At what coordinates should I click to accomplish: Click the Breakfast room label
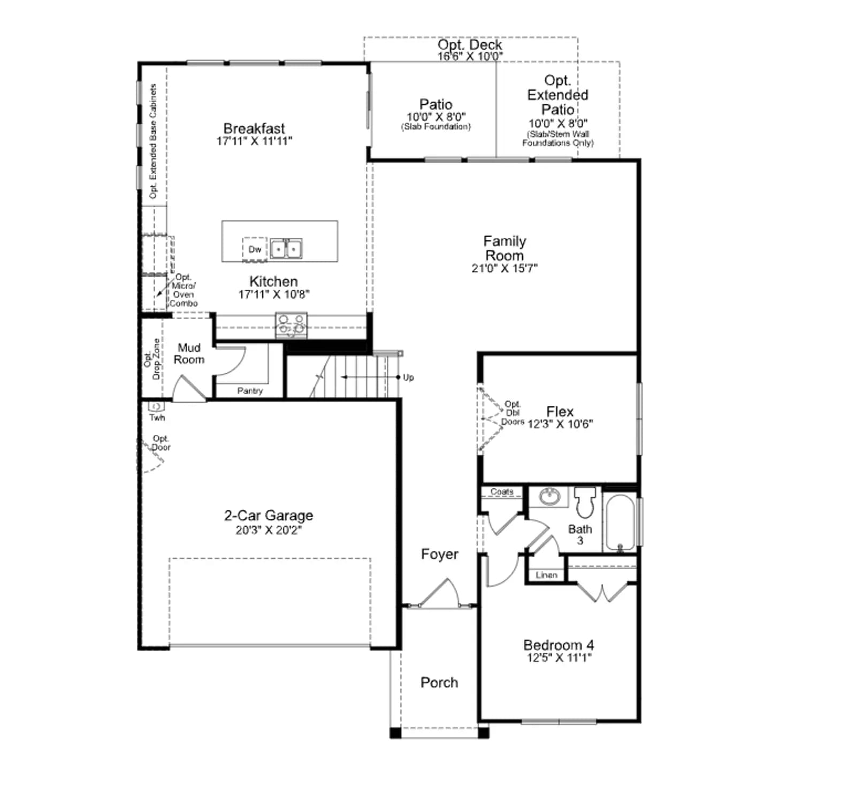click(254, 129)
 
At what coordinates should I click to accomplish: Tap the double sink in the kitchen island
click(286, 249)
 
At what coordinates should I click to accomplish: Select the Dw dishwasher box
click(255, 250)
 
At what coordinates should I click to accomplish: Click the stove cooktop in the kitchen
click(292, 326)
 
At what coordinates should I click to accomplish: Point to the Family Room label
click(505, 248)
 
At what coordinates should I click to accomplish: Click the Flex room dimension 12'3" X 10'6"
click(560, 424)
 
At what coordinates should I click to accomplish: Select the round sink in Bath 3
click(549, 496)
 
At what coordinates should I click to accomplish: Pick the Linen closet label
click(546, 575)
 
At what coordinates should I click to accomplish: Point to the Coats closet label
click(502, 492)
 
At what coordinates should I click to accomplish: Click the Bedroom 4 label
click(559, 645)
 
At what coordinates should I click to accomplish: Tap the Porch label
click(439, 682)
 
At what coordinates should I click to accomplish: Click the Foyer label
click(440, 554)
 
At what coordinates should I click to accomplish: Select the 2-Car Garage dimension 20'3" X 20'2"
click(269, 530)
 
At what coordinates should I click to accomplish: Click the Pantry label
click(250, 391)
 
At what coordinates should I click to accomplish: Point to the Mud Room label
click(189, 354)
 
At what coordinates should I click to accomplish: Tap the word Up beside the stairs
click(408, 377)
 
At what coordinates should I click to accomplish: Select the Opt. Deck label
click(470, 45)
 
